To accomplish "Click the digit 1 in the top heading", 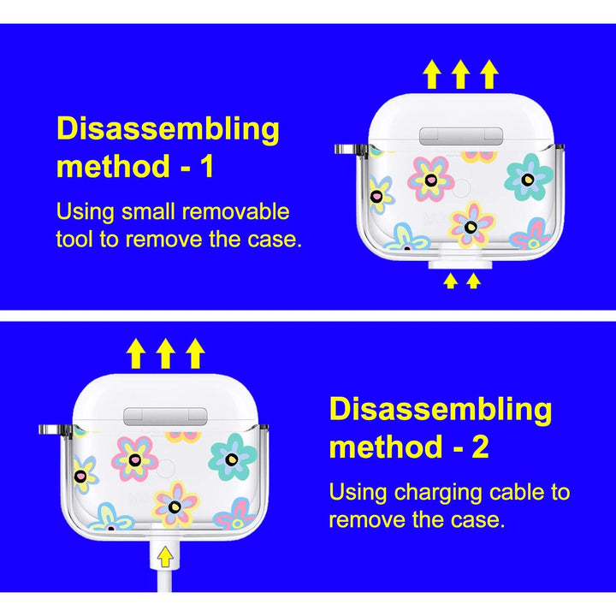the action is pyautogui.click(x=207, y=166).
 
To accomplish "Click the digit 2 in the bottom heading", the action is pyautogui.click(x=480, y=447).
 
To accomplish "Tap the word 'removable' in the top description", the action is pyautogui.click(x=235, y=212).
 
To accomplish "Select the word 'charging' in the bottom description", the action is pyautogui.click(x=438, y=494).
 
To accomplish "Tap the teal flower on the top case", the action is pyautogui.click(x=529, y=177).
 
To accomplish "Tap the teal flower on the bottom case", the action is pyautogui.click(x=233, y=457).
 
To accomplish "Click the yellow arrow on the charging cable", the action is pyautogui.click(x=165, y=557).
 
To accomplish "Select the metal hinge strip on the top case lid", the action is pyautogui.click(x=461, y=136).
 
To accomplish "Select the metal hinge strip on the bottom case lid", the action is pyautogui.click(x=165, y=417).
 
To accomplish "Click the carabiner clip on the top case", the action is pyautogui.click(x=351, y=150).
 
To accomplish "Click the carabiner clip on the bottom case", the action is pyautogui.click(x=55, y=429).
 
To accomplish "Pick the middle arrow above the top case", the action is pyautogui.click(x=460, y=74).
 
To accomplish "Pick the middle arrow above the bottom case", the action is pyautogui.click(x=165, y=353).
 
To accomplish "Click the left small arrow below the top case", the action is pyautogui.click(x=451, y=281).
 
